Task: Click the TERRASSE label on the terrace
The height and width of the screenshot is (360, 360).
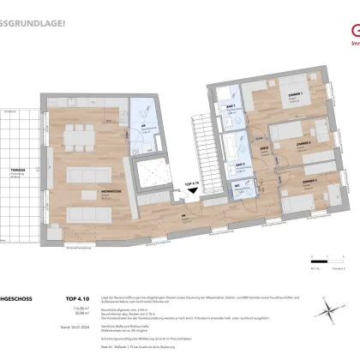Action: point(17,171)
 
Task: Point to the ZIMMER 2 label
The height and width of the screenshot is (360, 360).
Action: point(298,143)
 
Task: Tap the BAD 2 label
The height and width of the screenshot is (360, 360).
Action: point(231,163)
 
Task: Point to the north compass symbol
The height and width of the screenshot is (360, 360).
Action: point(339,274)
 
